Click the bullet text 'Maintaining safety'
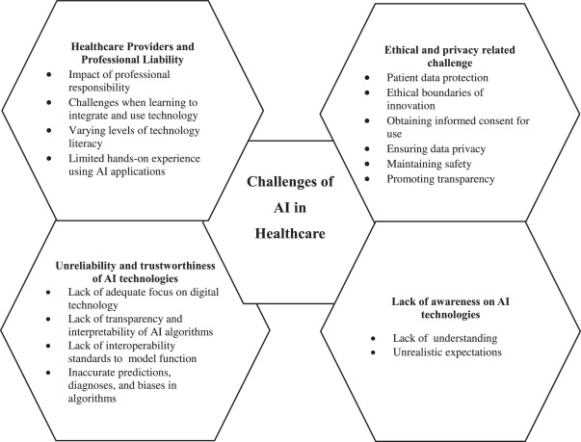click(428, 166)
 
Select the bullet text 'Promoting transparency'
click(439, 179)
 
